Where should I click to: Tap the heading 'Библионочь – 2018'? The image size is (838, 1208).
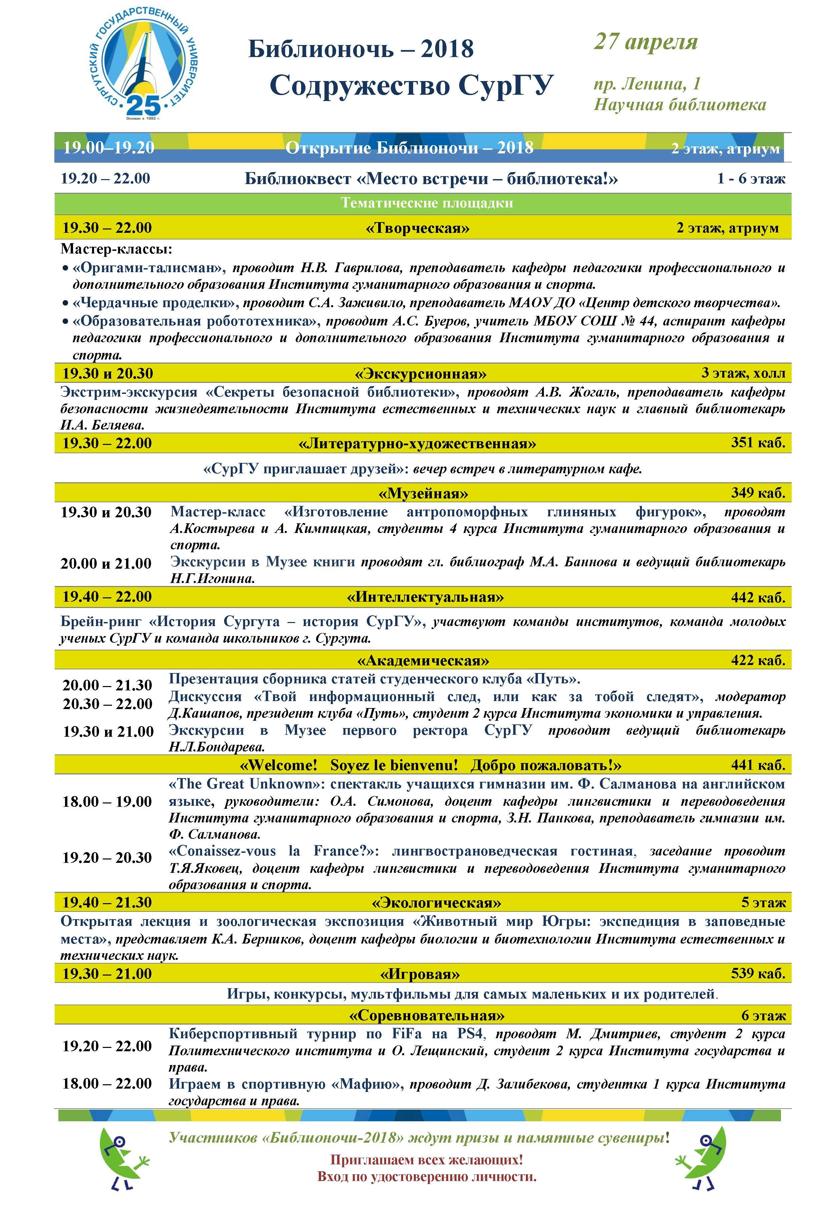point(361,49)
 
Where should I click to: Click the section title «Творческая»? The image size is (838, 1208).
point(417,228)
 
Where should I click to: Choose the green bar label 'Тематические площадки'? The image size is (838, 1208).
point(427,203)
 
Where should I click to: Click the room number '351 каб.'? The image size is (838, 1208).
point(758,443)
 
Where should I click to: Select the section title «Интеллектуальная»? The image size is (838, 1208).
point(425,597)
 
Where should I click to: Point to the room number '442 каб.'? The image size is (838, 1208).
point(758,597)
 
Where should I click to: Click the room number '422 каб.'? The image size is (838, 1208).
point(758,660)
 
